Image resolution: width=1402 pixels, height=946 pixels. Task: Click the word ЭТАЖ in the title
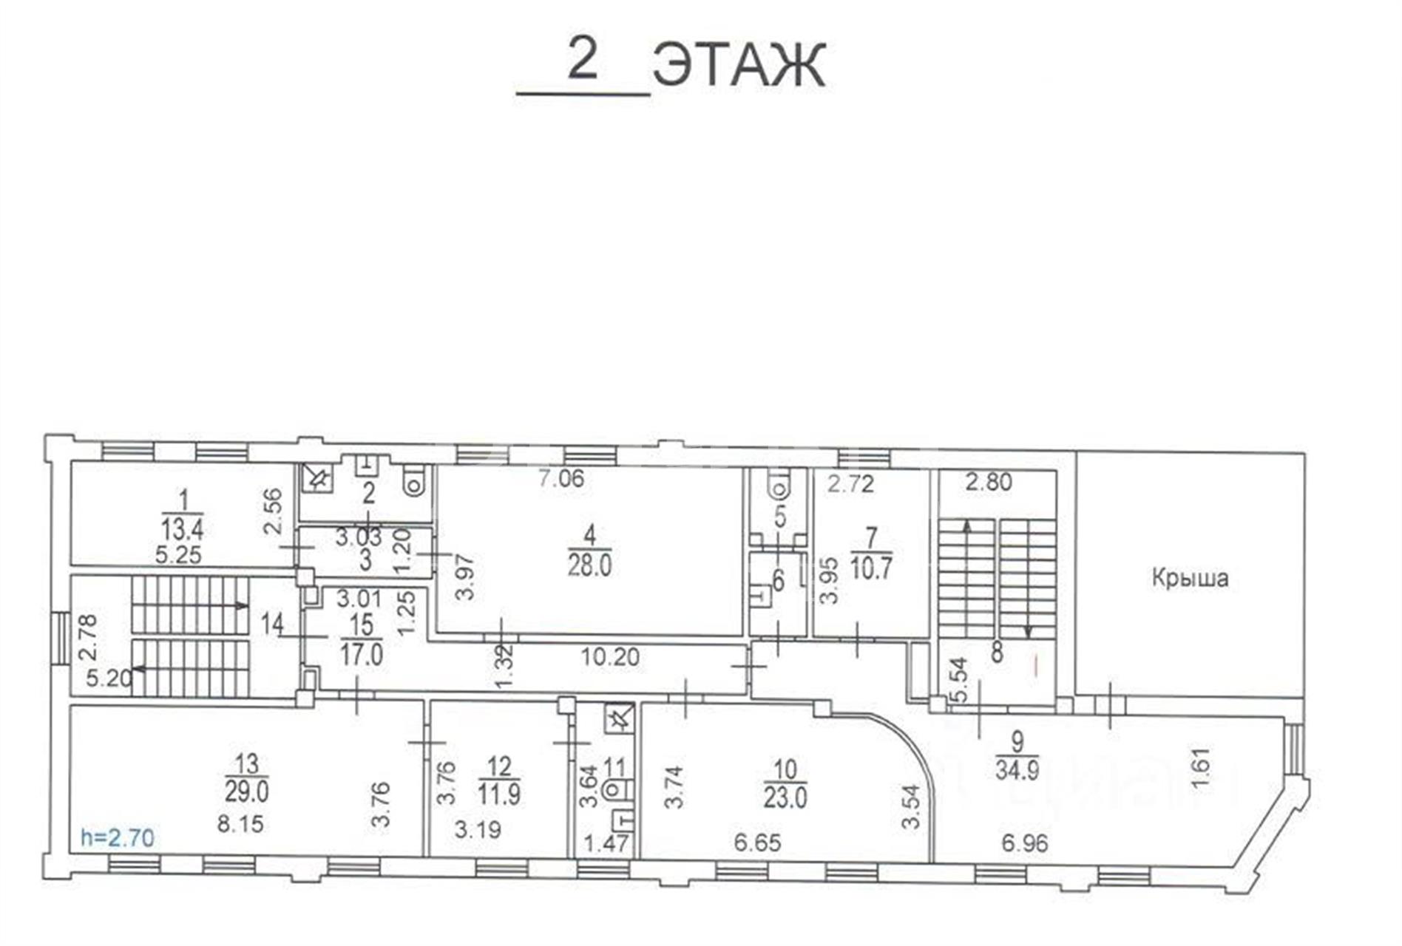739,65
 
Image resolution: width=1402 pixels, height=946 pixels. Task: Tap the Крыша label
1190,577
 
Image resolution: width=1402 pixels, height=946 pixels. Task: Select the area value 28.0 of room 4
589,566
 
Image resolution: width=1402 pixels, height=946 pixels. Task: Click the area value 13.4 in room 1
182,529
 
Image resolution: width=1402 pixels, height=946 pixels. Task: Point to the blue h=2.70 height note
118,838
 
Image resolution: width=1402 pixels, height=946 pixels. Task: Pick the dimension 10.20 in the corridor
610,656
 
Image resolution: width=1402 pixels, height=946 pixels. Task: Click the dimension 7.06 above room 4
561,479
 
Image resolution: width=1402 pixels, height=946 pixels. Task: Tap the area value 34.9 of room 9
1017,769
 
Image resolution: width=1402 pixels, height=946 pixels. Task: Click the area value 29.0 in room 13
247,792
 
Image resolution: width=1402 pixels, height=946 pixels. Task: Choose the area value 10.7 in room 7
871,570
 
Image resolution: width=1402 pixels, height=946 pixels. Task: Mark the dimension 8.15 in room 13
240,823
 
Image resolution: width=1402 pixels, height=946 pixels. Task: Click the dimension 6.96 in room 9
1025,842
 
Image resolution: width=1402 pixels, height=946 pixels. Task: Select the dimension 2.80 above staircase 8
989,482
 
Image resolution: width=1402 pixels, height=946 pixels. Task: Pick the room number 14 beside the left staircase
272,625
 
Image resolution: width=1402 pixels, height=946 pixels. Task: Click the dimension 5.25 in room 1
178,554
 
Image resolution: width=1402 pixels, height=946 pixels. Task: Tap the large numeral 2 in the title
582,60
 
